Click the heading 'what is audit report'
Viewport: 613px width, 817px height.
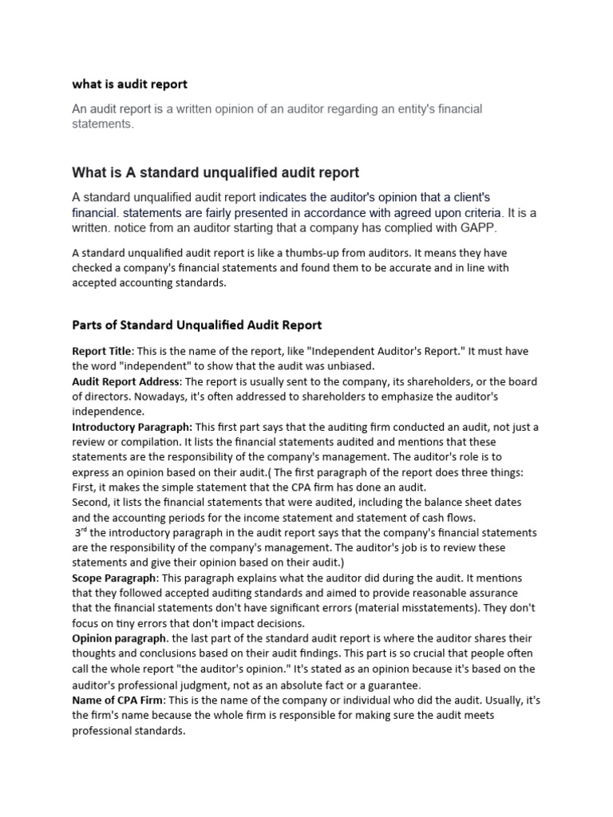pos(129,84)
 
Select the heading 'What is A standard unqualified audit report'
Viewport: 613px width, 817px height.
pos(216,172)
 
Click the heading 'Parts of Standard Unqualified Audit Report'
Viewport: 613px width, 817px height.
pos(197,325)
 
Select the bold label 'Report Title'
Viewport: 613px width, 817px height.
pos(101,351)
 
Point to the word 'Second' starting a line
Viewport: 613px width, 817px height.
pos(90,503)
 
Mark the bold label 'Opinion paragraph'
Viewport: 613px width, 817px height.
pos(120,639)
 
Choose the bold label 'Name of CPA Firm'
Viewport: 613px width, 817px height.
pos(117,701)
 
